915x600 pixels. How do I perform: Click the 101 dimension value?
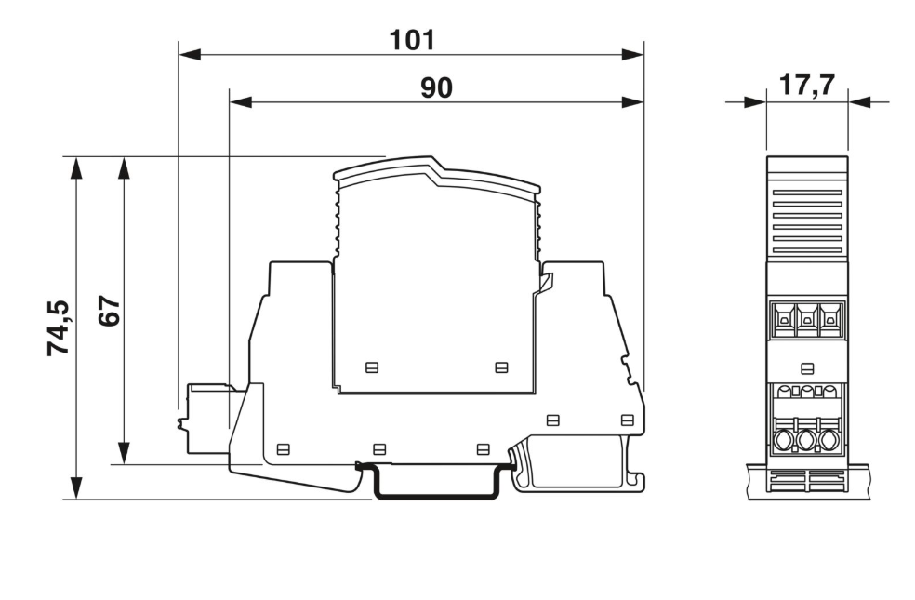pyautogui.click(x=412, y=40)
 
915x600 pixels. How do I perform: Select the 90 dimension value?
pyautogui.click(x=436, y=87)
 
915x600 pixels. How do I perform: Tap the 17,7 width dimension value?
pyautogui.click(x=807, y=86)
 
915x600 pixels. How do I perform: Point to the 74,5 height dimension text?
pyautogui.click(x=59, y=327)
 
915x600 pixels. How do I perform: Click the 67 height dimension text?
pyautogui.click(x=109, y=311)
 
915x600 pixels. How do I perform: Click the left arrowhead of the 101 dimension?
pyautogui.click(x=190, y=55)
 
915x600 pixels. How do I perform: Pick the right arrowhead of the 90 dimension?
pyautogui.click(x=632, y=102)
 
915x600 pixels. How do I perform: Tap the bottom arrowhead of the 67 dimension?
pyautogui.click(x=123, y=453)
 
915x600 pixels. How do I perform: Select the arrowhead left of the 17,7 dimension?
pyautogui.click(x=755, y=102)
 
